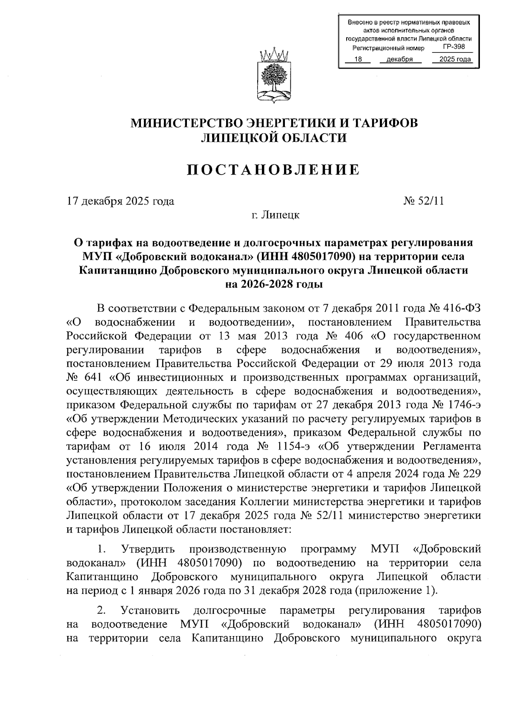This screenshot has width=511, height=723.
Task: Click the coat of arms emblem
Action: click(x=274, y=77)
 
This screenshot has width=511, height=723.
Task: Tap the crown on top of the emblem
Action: click(x=274, y=55)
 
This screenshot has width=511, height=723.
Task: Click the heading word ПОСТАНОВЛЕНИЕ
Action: click(x=274, y=170)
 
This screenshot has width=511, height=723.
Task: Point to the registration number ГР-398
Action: click(x=454, y=47)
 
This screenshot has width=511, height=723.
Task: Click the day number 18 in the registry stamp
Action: click(x=358, y=60)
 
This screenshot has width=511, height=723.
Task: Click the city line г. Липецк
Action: click(x=275, y=215)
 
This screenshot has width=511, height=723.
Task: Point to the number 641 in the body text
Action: click(x=93, y=377)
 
